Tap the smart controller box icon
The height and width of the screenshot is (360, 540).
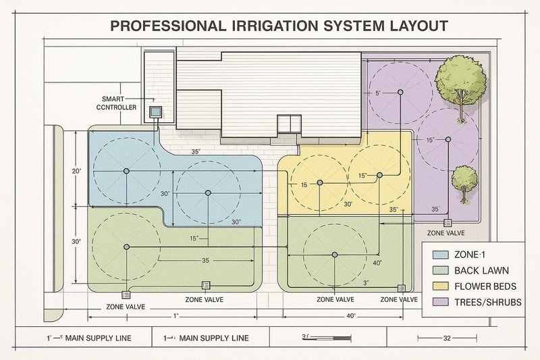pyautogui.click(x=155, y=111)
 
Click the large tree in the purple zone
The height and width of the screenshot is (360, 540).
pyautogui.click(x=460, y=82)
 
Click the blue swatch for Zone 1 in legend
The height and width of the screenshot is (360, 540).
pyautogui.click(x=440, y=255)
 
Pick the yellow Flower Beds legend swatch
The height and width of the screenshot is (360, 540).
pyautogui.click(x=440, y=286)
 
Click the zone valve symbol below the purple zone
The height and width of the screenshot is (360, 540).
pyautogui.click(x=447, y=222)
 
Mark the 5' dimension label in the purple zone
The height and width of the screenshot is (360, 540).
pyautogui.click(x=378, y=93)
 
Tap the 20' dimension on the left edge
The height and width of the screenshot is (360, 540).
pyautogui.click(x=76, y=172)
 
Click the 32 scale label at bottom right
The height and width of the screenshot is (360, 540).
pyautogui.click(x=446, y=338)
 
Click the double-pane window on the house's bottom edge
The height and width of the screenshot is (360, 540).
pyautogui.click(x=290, y=124)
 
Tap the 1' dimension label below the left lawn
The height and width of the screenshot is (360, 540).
pyautogui.click(x=175, y=316)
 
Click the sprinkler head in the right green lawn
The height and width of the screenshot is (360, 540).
pyautogui.click(x=335, y=255)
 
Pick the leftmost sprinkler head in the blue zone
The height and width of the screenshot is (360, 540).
pyautogui.click(x=126, y=172)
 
